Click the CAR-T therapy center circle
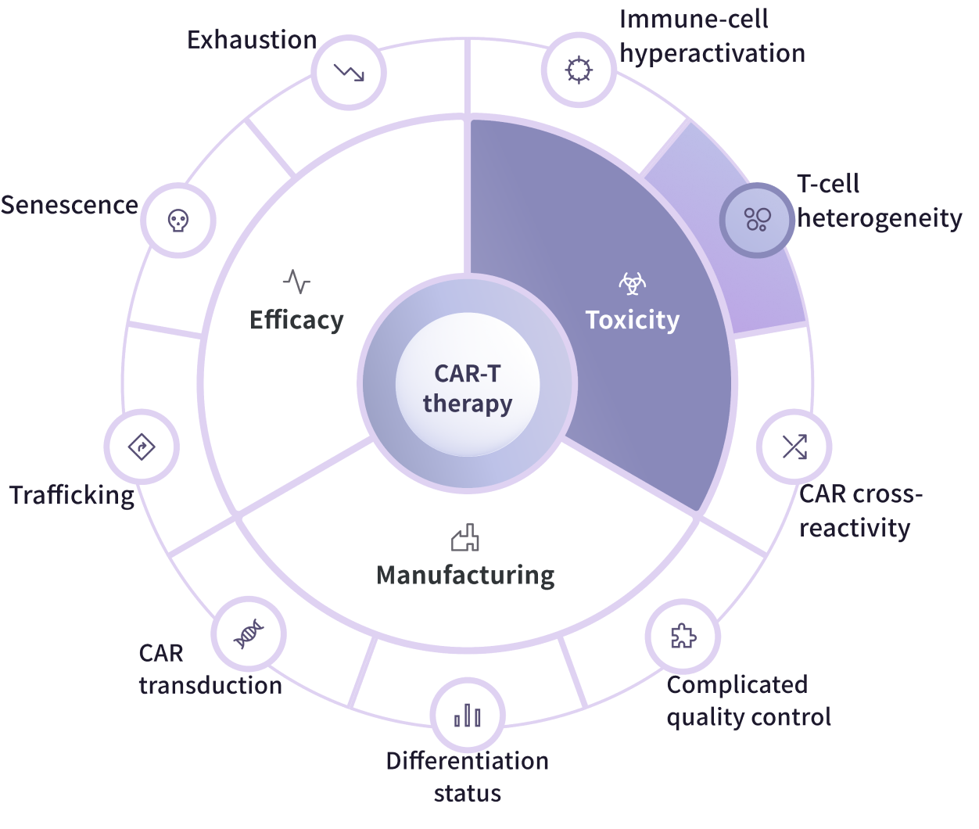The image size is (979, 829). click(x=468, y=387)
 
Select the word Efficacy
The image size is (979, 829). click(x=296, y=320)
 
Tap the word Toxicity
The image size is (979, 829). click(x=633, y=320)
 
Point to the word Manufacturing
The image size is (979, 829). click(x=465, y=575)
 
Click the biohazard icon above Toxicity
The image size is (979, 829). click(x=633, y=282)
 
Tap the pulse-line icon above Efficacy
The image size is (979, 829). click(x=296, y=281)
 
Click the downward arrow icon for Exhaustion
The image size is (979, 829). click(x=349, y=72)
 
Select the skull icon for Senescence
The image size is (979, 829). click(x=178, y=220)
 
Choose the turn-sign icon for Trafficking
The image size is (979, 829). click(x=142, y=447)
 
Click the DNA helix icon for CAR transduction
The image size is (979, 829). click(x=249, y=633)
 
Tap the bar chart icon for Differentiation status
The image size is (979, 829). click(x=468, y=716)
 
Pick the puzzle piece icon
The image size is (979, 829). click(x=683, y=637)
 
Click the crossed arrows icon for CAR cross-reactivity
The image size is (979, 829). click(x=794, y=447)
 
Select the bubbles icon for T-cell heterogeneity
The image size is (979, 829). click(x=757, y=219)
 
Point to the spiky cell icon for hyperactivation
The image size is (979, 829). click(x=579, y=70)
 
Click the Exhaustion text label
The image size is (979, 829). click(x=252, y=40)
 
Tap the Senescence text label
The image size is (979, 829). click(x=69, y=205)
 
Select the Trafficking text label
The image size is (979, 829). click(x=72, y=495)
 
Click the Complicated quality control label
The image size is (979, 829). click(x=748, y=701)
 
